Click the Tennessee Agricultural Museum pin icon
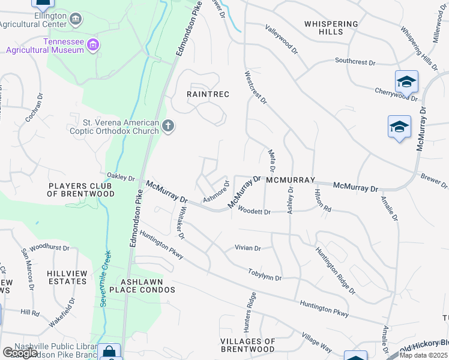(92, 44)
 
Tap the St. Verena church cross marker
(169, 126)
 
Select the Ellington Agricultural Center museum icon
(76, 20)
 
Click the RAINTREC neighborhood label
(208, 94)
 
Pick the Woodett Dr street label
(255, 211)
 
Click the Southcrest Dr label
(355, 61)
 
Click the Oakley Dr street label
(121, 177)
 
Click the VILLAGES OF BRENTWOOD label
(248, 345)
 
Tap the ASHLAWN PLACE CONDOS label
(148, 286)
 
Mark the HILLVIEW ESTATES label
(67, 277)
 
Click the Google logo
(19, 353)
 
